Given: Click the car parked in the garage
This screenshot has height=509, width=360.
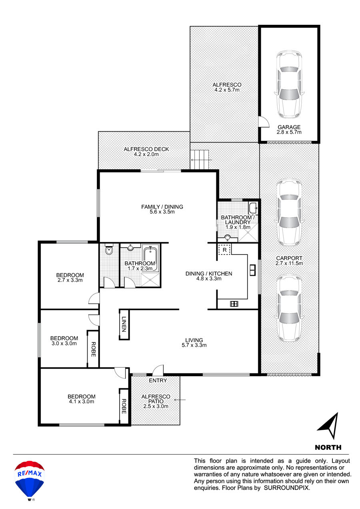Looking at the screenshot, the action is tap(289, 84).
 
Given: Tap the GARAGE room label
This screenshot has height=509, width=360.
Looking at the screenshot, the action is tap(289, 127).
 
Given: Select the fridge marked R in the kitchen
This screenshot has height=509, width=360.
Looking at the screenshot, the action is tap(224, 250).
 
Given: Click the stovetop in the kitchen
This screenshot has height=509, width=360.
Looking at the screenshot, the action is tap(234, 303).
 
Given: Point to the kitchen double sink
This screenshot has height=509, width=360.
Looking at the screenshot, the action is tap(252, 270).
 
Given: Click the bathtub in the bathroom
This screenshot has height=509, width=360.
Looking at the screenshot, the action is tap(150, 259).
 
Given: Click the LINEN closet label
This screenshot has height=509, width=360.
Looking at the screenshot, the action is tap(124, 324).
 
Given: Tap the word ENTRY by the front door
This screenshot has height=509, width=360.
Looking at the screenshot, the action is tap(158, 381).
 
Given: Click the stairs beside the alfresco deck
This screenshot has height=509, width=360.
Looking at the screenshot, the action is tap(199, 160).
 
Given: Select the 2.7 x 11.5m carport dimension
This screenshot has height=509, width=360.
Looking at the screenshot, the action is tap(289, 263).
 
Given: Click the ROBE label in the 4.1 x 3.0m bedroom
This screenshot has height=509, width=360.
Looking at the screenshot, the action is tap(124, 406).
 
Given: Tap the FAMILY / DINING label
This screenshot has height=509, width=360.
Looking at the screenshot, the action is tap(162, 206).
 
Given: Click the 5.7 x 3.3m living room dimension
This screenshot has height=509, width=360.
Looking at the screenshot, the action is tap(194, 345).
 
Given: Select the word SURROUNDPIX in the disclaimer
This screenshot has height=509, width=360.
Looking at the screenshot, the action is tap(286, 488).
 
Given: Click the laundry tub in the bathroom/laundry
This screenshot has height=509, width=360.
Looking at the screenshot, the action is tap(253, 207).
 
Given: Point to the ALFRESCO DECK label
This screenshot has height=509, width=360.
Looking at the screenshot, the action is tap(146, 149).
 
